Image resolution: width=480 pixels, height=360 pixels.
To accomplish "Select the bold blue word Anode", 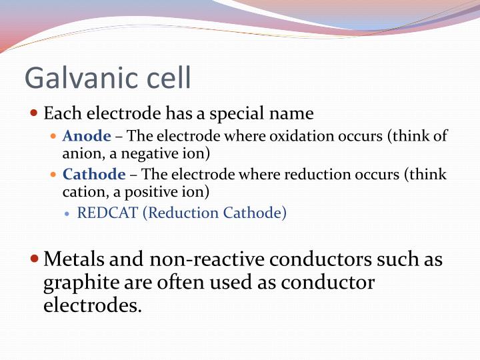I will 87,137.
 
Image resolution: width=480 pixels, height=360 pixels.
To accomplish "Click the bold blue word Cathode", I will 94,175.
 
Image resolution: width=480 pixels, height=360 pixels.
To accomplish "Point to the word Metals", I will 73,259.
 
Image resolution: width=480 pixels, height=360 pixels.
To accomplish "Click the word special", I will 230,113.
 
